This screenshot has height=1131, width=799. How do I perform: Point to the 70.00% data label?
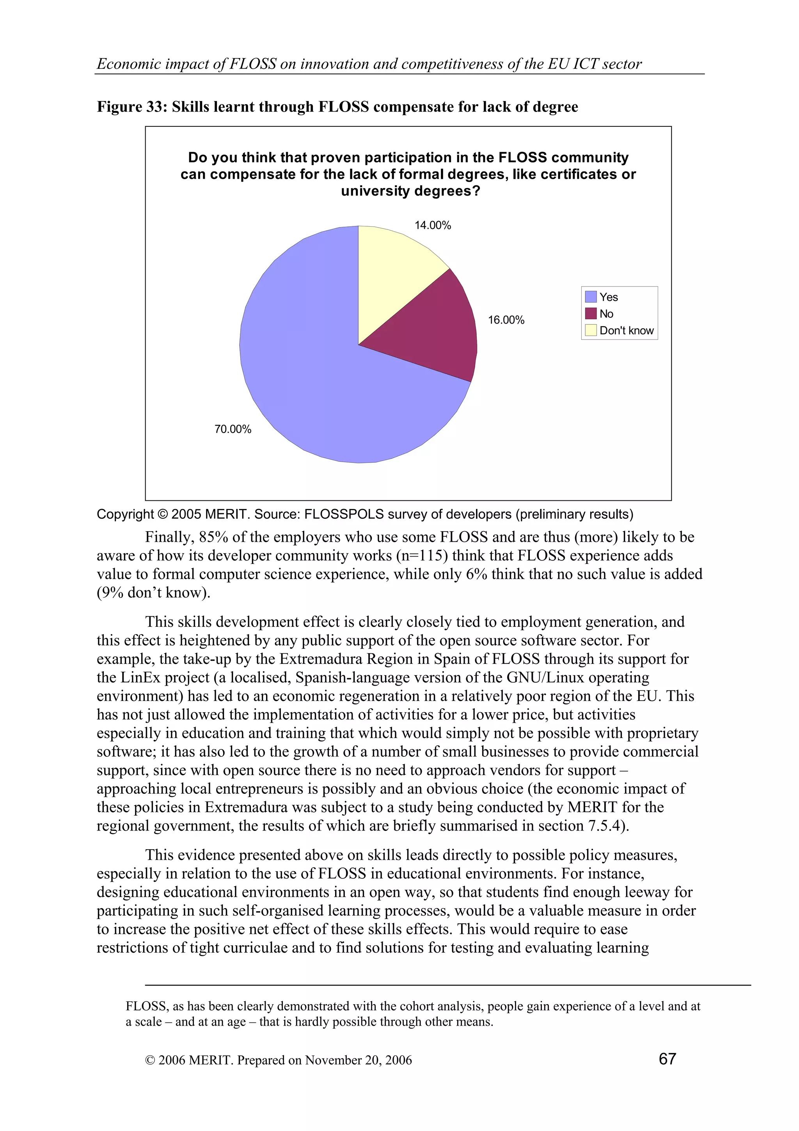pos(233,429)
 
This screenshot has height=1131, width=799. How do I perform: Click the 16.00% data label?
pos(506,320)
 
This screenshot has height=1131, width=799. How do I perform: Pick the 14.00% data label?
pos(432,225)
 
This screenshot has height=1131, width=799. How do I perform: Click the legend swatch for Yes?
pos(590,297)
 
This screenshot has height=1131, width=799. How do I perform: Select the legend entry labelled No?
pos(606,314)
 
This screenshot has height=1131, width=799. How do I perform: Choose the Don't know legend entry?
pos(626,331)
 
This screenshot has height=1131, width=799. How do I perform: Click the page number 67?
pos(667,1058)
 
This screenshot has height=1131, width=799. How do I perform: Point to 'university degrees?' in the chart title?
pos(410,191)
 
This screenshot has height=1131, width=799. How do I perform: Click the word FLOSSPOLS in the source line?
pos(344,514)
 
